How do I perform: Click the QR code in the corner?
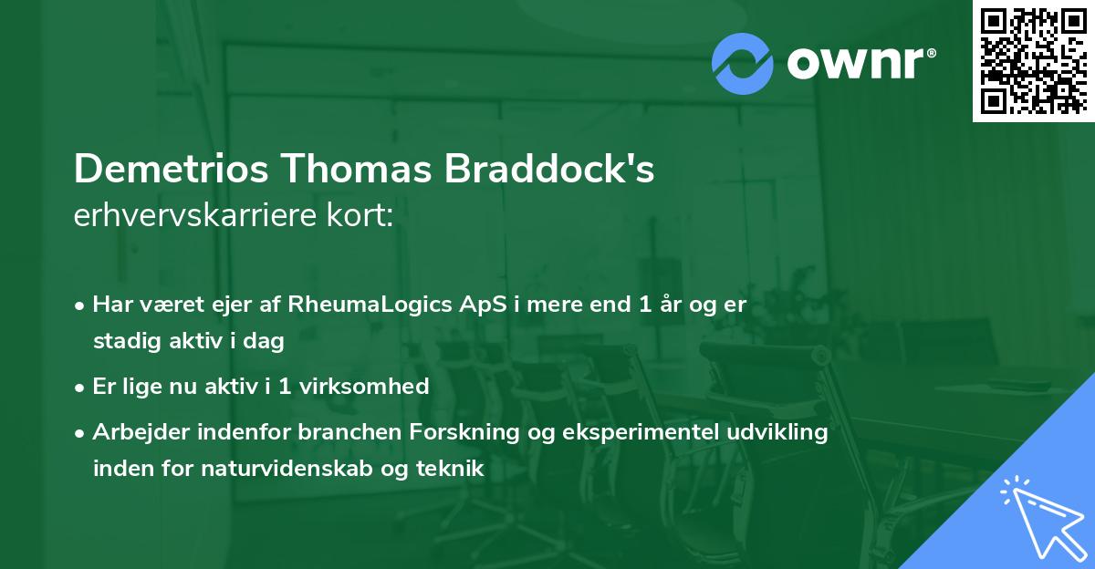1033,61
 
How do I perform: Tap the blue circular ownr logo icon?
743,63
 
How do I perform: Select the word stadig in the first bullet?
123,341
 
